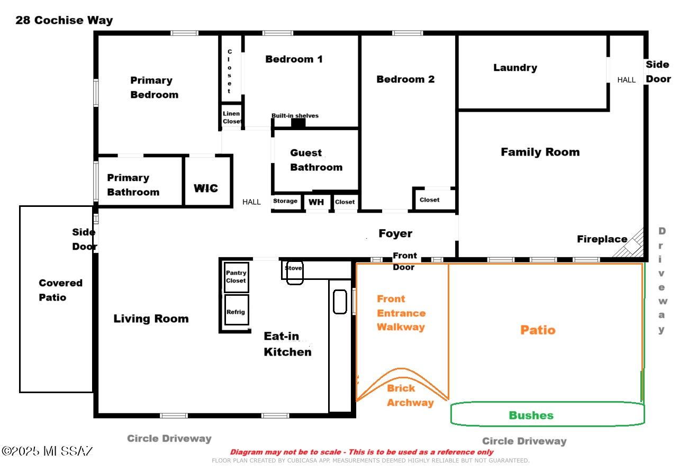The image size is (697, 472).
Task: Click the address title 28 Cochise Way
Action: (64, 20)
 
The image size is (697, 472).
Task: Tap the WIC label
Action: (206, 188)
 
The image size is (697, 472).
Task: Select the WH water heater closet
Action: (316, 202)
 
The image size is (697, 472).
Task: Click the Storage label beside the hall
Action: (285, 201)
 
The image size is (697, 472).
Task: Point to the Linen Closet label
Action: (232, 117)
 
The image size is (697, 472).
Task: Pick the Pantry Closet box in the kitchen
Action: (237, 277)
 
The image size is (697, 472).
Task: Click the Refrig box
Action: (237, 310)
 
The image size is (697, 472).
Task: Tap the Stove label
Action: (293, 268)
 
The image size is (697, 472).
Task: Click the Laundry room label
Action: (515, 68)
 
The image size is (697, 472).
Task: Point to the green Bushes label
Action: (531, 415)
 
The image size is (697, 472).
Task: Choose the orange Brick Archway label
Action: (410, 395)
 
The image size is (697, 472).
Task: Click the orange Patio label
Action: (538, 330)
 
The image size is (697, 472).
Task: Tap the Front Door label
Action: (404, 261)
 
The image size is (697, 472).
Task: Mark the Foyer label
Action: (395, 233)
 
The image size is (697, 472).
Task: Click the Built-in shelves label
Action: (295, 116)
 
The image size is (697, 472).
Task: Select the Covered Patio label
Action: (61, 290)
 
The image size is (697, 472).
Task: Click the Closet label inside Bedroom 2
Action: (429, 199)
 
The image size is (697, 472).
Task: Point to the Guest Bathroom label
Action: (316, 160)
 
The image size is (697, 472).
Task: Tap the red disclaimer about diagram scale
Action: (361, 452)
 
